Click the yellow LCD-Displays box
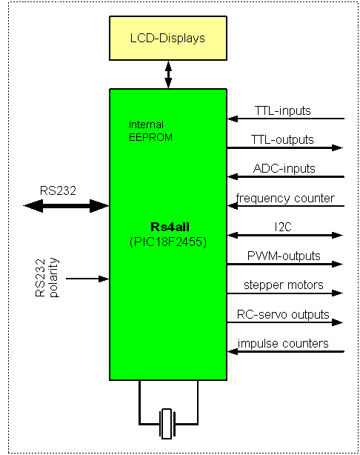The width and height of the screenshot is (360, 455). coord(168,38)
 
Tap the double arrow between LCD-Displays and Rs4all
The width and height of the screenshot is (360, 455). coord(168,75)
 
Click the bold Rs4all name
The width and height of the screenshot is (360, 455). coord(170,227)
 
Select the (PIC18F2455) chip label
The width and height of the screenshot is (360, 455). coord(168,242)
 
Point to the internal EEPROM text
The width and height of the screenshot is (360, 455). coord(150,131)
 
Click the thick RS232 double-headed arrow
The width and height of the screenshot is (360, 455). coord(66,206)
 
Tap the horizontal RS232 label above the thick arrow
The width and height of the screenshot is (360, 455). coord(58,190)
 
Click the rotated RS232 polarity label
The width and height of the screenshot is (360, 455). coord(47,278)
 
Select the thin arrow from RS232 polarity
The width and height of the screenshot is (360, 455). coord(87,279)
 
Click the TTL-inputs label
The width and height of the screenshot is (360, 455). coord(283,110)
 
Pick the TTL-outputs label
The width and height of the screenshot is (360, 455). coord(282,139)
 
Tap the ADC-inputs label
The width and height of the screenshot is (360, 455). coord(284,168)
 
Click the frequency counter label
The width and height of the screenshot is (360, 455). coord(285,199)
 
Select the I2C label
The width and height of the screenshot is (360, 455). coord(283,227)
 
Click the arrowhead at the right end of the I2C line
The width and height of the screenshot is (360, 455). coord(337,235)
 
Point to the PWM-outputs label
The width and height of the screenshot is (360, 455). coord(284,256)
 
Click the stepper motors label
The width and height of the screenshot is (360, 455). coord(284,285)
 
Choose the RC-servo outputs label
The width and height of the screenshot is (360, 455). coord(283,314)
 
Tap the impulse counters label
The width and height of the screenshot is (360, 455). coord(283,344)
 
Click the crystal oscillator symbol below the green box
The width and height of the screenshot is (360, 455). coord(167,424)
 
